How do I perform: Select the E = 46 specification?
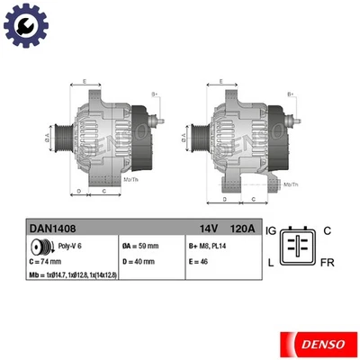(199, 261)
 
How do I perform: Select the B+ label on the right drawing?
(290, 94)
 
